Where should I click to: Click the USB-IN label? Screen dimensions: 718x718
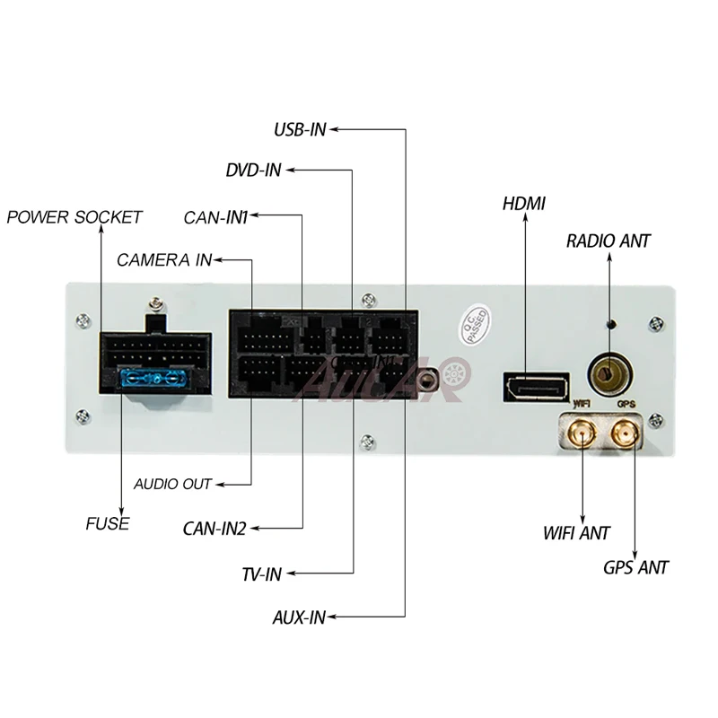coord(300,129)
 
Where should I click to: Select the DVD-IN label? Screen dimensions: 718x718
coord(254,171)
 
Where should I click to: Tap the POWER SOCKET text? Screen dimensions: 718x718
coord(74,217)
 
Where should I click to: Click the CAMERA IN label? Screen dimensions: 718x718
coord(164,260)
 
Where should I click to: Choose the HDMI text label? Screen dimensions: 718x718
coord(523,204)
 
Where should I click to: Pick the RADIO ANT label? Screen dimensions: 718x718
coord(609,241)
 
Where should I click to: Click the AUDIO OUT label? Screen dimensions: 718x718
coord(172,485)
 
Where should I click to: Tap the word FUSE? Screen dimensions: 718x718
coord(108,523)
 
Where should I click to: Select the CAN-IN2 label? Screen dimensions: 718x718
coord(215,529)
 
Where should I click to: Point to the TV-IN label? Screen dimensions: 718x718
coord(261,574)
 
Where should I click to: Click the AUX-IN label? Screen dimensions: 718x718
coord(299,617)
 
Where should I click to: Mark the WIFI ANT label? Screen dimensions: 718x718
coord(576,533)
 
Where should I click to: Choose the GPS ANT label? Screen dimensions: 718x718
coord(635,567)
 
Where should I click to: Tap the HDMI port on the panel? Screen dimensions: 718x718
coord(536,387)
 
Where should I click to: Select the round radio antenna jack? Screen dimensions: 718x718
coord(609,371)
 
